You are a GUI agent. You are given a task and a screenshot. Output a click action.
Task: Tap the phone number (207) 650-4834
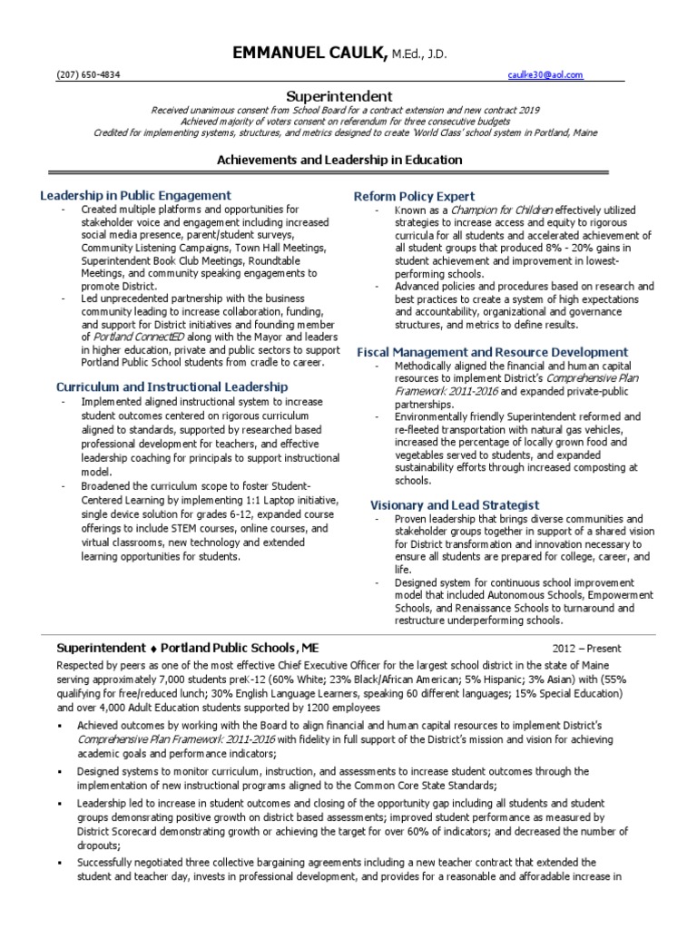point(83,75)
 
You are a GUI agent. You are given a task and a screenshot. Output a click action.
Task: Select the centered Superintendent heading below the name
point(339,95)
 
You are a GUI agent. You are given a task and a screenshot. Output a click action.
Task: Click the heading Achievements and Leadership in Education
point(339,160)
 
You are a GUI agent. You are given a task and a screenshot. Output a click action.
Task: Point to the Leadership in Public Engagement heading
point(135,195)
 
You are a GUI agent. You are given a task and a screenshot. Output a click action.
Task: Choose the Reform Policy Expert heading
point(414,196)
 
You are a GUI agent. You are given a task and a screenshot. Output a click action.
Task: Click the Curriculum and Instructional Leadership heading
point(172,386)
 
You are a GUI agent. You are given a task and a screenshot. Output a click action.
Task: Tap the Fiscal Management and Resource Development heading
point(492,351)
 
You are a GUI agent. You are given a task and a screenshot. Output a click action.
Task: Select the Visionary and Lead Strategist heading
point(455,504)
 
